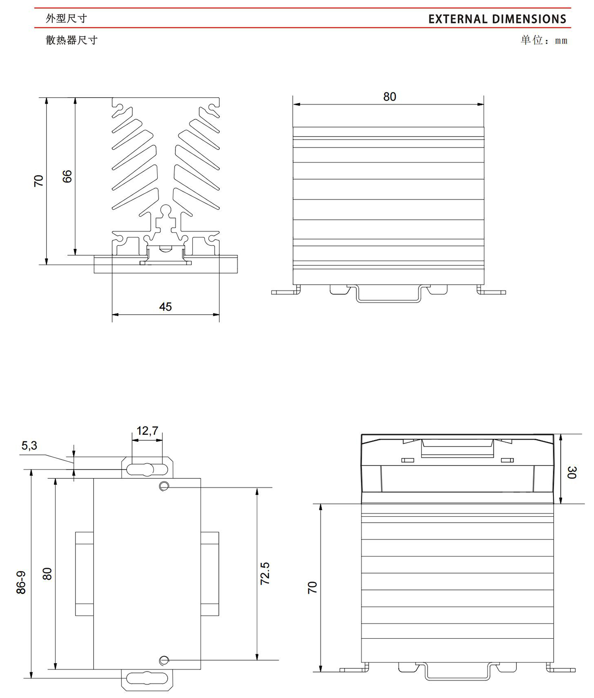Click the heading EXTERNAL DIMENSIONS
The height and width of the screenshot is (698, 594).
click(x=497, y=19)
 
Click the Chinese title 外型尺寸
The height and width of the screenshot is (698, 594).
click(x=67, y=18)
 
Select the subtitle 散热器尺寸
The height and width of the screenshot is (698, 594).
click(x=72, y=40)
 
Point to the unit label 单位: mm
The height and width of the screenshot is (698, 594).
click(x=544, y=40)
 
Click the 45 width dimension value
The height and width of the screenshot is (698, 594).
click(x=165, y=307)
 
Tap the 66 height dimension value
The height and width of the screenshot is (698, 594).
click(x=68, y=176)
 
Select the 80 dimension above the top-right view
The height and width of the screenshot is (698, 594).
click(x=389, y=97)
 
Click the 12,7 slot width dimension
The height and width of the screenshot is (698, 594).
click(x=147, y=431)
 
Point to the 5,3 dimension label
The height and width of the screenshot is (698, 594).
click(x=29, y=446)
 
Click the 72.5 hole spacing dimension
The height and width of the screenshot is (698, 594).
click(x=265, y=573)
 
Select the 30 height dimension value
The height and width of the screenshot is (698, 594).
click(x=571, y=472)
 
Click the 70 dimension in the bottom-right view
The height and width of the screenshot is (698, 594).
click(x=313, y=588)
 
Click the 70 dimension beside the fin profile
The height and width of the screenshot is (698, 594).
click(x=38, y=181)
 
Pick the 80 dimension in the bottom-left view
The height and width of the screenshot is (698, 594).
click(x=47, y=574)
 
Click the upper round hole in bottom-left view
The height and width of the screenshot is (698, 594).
click(x=164, y=486)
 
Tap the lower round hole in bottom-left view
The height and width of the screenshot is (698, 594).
click(x=164, y=660)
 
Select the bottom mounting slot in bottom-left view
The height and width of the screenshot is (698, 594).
click(x=147, y=678)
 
